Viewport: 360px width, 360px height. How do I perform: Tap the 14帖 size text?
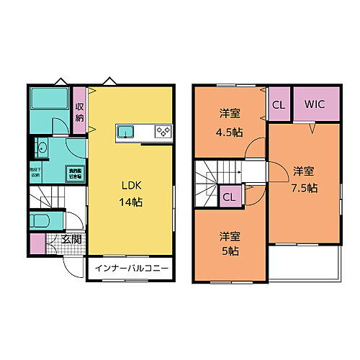tap(131, 202)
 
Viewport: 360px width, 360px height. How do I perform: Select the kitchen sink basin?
tap(125, 131)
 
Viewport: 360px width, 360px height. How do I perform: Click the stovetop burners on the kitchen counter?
tap(163, 131)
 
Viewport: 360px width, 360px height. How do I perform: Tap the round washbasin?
tap(42, 148)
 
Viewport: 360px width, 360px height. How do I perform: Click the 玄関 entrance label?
tap(71, 239)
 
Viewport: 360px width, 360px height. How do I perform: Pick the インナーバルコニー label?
tap(130, 269)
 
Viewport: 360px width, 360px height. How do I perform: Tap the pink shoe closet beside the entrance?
tap(38, 243)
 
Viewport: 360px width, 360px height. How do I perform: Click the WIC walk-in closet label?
tap(315, 104)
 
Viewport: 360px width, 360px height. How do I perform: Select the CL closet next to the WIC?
tap(278, 104)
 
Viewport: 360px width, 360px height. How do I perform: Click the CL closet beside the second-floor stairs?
tap(230, 197)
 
